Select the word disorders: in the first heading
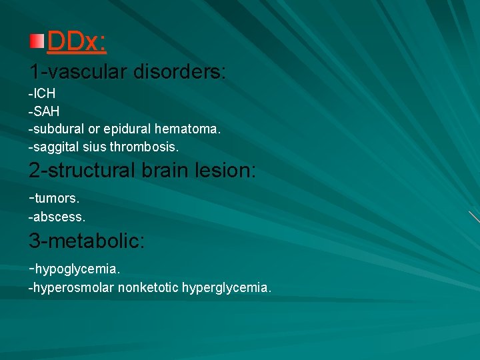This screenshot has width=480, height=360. coord(180,71)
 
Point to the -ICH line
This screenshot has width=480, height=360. coord(42,94)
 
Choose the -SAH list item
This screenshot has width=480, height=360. coord(44,111)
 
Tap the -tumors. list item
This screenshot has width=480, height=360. coord(54,199)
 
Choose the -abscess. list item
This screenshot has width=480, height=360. coord(57,217)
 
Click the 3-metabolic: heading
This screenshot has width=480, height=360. coord(86,240)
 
